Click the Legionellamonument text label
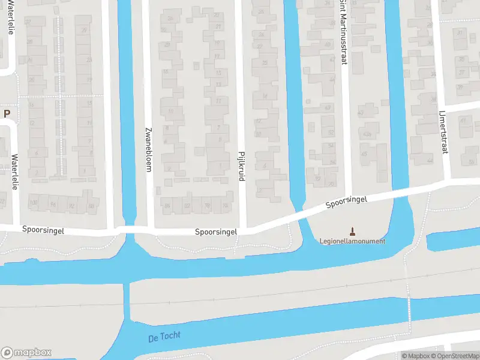point(352,241)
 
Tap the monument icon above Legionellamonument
point(352,230)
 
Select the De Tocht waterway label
point(163,337)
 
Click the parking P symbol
point(7,113)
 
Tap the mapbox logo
point(26,353)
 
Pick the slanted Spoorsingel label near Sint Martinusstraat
point(346,201)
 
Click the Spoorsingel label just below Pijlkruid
point(216,232)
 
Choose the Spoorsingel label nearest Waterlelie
point(43,230)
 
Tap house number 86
point(167,206)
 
